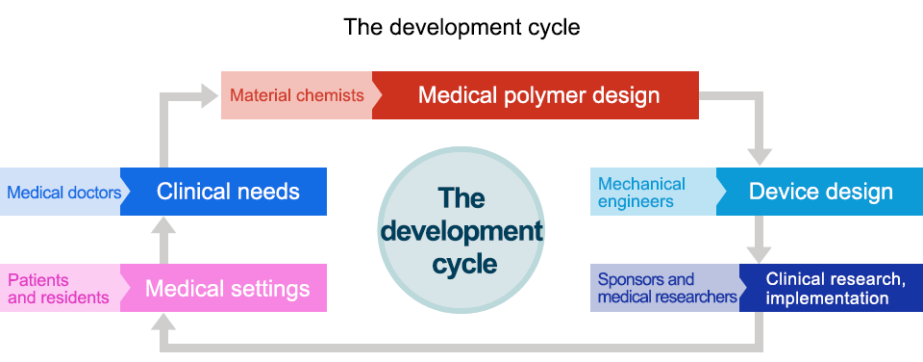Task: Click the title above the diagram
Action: (x=461, y=27)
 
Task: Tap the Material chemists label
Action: (x=297, y=95)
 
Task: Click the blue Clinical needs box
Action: (x=229, y=192)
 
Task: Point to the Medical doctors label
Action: (x=63, y=192)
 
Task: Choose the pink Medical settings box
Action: (x=229, y=289)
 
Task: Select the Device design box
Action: (x=820, y=192)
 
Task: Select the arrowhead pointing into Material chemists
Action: (x=210, y=94)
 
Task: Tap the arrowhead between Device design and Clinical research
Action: (x=761, y=251)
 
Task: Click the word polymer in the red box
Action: (x=538, y=95)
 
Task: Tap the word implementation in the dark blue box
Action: (x=827, y=298)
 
